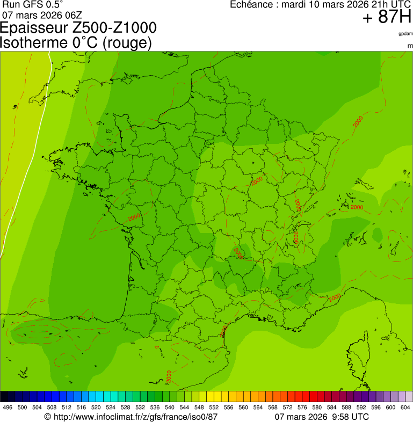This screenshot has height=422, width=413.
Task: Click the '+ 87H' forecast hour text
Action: pyautogui.click(x=387, y=17)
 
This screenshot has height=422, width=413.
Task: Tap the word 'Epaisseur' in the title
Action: pyautogui.click(x=34, y=28)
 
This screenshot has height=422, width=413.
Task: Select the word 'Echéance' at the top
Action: pyautogui.click(x=251, y=5)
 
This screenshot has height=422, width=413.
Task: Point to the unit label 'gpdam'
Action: pyautogui.click(x=405, y=34)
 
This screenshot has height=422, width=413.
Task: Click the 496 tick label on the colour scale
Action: pyautogui.click(x=8, y=408)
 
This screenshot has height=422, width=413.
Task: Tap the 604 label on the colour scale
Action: pyautogui.click(x=405, y=408)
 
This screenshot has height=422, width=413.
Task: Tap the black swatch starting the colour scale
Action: pyautogui.click(x=4, y=397)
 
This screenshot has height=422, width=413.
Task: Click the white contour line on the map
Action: pyautogui.click(x=32, y=134)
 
